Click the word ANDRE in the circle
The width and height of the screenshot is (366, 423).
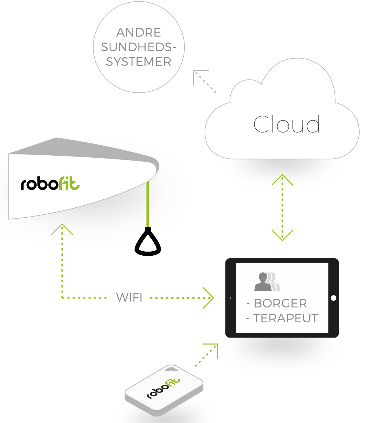(x=139, y=32)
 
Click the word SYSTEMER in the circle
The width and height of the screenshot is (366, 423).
(x=139, y=62)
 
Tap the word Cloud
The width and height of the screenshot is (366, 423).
(x=286, y=124)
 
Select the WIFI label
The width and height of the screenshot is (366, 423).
(x=129, y=298)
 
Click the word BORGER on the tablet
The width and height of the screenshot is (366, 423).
(x=280, y=303)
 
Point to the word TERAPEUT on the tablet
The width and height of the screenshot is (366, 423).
(x=285, y=318)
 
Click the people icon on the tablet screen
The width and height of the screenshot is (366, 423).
(x=267, y=282)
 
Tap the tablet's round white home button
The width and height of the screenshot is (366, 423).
(x=333, y=298)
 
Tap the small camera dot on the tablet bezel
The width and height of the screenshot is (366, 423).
(x=231, y=298)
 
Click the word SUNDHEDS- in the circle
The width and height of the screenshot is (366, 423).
(x=139, y=47)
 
